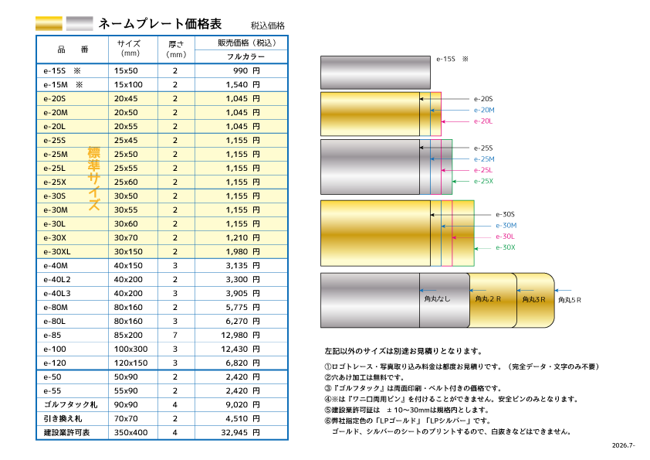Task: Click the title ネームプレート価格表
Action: click(x=160, y=24)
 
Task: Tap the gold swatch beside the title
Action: click(x=49, y=23)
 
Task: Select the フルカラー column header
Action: click(x=245, y=56)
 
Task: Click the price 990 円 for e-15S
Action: click(x=246, y=70)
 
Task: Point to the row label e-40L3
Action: click(x=57, y=293)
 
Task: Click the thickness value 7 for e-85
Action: click(x=175, y=335)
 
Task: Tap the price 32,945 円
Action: click(x=240, y=433)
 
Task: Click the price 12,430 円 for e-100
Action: click(x=240, y=349)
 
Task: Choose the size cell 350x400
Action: click(x=131, y=433)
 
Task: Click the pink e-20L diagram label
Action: click(x=483, y=121)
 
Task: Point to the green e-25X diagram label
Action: click(x=483, y=181)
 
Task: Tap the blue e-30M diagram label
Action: click(x=506, y=226)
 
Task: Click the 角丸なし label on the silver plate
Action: click(x=437, y=298)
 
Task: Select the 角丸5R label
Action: click(x=570, y=300)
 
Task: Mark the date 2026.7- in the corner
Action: click(x=624, y=445)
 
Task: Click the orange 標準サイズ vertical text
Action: click(x=93, y=179)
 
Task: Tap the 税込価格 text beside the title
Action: click(x=267, y=26)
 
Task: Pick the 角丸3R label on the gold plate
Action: click(x=533, y=299)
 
